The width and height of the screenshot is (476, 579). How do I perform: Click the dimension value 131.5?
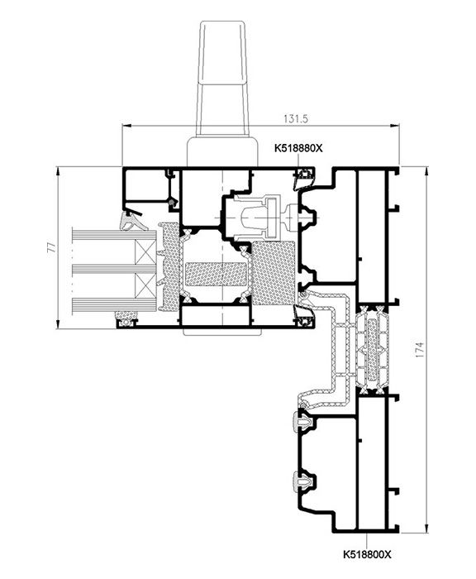[296, 119]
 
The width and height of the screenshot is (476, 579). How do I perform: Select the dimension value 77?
[52, 247]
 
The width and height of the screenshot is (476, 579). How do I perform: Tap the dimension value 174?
[420, 349]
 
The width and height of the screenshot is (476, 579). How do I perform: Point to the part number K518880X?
[298, 148]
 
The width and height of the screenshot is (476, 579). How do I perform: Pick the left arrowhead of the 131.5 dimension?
[126, 126]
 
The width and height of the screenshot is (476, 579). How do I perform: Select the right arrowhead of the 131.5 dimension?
[395, 126]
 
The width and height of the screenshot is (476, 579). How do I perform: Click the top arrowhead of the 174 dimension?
[426, 171]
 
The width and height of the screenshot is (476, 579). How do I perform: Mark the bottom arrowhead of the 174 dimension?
[426, 528]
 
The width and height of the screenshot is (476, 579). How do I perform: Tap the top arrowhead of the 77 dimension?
[58, 171]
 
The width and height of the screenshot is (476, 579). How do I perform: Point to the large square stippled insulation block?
[274, 273]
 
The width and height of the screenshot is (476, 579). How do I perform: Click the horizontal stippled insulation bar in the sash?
[216, 274]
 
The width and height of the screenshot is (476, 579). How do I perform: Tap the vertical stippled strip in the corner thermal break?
[372, 350]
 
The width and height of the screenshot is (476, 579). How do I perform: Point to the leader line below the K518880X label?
[298, 162]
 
